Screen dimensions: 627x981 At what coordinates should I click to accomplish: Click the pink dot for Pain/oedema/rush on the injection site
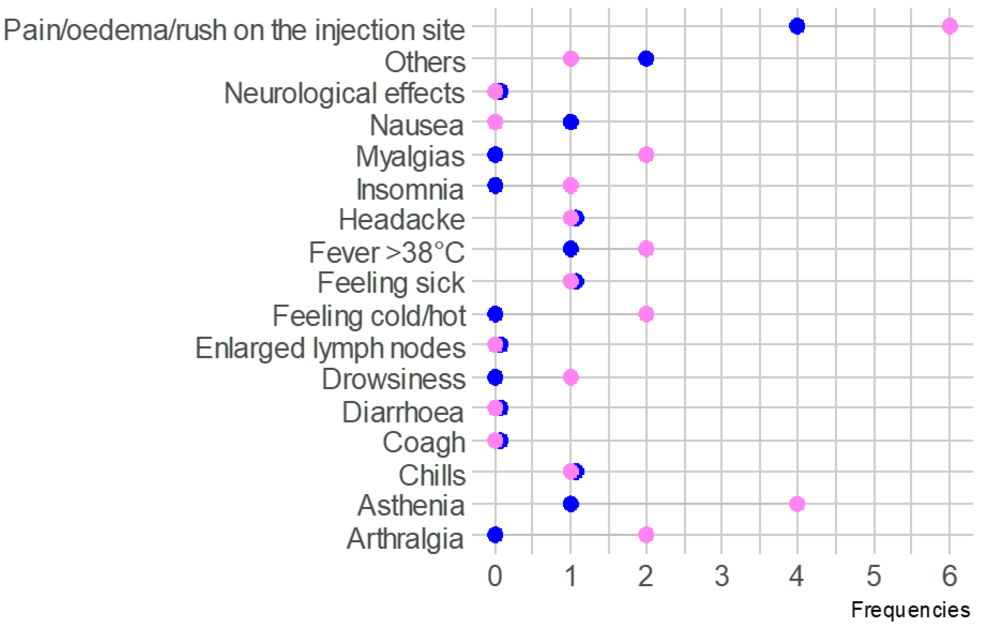point(950,26)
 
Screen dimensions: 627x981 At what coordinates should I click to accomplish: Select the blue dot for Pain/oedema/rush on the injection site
point(797,26)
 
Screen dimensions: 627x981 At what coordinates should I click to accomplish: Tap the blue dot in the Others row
point(646,59)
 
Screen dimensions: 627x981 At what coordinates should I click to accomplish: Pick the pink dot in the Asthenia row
point(797,504)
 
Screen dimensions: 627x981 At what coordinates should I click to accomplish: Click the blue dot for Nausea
point(571,122)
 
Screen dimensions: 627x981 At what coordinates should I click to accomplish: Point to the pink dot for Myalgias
point(646,155)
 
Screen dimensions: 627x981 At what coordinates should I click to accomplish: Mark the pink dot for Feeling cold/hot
point(646,314)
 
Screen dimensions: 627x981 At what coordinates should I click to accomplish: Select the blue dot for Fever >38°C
point(571,249)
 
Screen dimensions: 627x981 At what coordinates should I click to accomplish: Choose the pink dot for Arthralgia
point(646,535)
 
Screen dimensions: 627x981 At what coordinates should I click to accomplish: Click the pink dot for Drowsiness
point(571,378)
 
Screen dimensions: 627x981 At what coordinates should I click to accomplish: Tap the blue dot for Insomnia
point(495,186)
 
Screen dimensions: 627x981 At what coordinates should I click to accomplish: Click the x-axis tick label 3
point(722,576)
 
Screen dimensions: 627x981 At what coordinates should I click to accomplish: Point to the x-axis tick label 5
point(874,576)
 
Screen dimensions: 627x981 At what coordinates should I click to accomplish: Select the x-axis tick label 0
point(495,576)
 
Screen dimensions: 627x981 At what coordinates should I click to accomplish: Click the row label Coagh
point(424,442)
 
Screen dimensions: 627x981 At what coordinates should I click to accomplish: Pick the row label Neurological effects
point(344,93)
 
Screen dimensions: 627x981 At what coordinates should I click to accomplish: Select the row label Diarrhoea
point(403,412)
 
